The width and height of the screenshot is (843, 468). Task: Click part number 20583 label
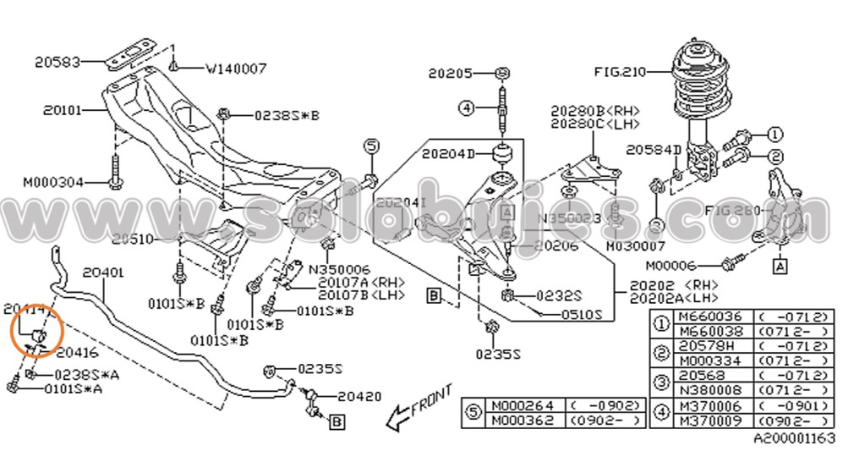(x=57, y=61)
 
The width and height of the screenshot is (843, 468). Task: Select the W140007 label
(x=236, y=69)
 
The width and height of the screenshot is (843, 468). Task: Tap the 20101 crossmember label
(x=62, y=110)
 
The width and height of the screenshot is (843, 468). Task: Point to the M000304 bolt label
(x=53, y=181)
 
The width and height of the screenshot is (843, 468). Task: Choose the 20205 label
(x=450, y=74)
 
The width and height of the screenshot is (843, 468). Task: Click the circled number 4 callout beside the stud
(x=466, y=107)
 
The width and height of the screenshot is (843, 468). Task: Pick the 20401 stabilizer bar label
(x=103, y=273)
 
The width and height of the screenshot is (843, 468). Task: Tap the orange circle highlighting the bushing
(x=35, y=331)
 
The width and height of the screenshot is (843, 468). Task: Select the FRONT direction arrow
(x=418, y=407)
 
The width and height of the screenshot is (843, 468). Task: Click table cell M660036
(x=701, y=317)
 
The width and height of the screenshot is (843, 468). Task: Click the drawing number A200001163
(x=794, y=439)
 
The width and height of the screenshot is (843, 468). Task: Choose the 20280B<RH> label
(x=594, y=111)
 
